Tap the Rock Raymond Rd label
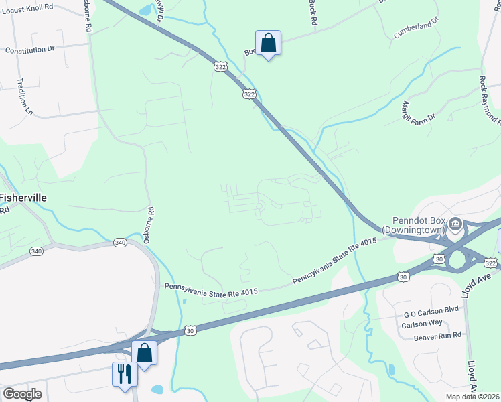pyautogui.click(x=490, y=98)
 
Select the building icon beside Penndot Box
pyautogui.click(x=455, y=223)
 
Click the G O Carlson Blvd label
pyautogui.click(x=431, y=313)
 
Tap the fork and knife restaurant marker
pyautogui.click(x=124, y=373)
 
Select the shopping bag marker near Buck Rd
pyautogui.click(x=268, y=44)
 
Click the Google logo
pyautogui.click(x=23, y=394)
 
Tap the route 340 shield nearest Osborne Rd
pyautogui.click(x=120, y=242)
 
